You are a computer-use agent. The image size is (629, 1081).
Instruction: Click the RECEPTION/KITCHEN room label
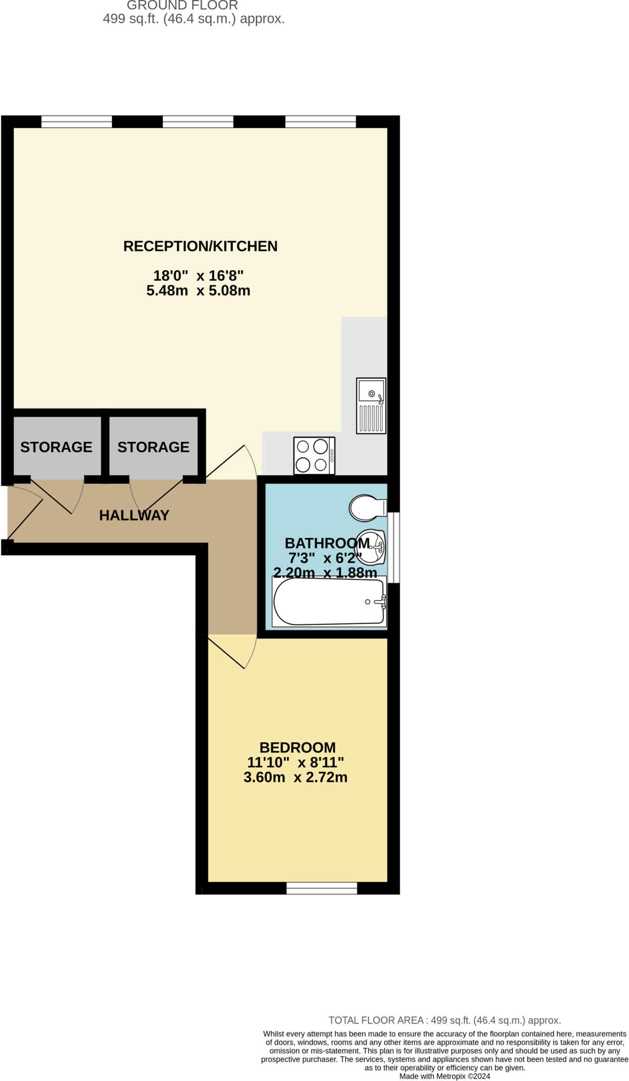click(200, 246)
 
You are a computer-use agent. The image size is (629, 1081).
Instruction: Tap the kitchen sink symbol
click(371, 405)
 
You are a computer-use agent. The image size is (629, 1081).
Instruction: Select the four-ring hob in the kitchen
click(314, 456)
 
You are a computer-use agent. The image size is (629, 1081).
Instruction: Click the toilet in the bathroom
click(367, 508)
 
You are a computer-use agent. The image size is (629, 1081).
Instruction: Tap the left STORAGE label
click(56, 447)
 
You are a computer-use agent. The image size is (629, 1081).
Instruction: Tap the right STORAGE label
click(153, 447)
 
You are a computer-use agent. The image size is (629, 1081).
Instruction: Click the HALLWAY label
click(134, 515)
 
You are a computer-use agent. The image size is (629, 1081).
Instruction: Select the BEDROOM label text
click(297, 747)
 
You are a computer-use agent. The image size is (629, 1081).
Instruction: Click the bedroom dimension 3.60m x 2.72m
click(296, 777)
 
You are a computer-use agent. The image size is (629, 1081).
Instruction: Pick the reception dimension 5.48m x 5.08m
click(198, 290)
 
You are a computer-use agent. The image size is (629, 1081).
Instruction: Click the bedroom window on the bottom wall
click(322, 888)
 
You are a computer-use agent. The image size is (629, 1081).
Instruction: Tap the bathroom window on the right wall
click(394, 547)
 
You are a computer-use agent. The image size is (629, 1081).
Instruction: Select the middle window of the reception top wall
click(198, 122)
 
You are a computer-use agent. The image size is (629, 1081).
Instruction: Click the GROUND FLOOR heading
click(182, 6)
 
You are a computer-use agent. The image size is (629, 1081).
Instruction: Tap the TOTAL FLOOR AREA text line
click(444, 1020)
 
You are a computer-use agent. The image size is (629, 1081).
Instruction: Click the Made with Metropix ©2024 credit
click(444, 1076)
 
